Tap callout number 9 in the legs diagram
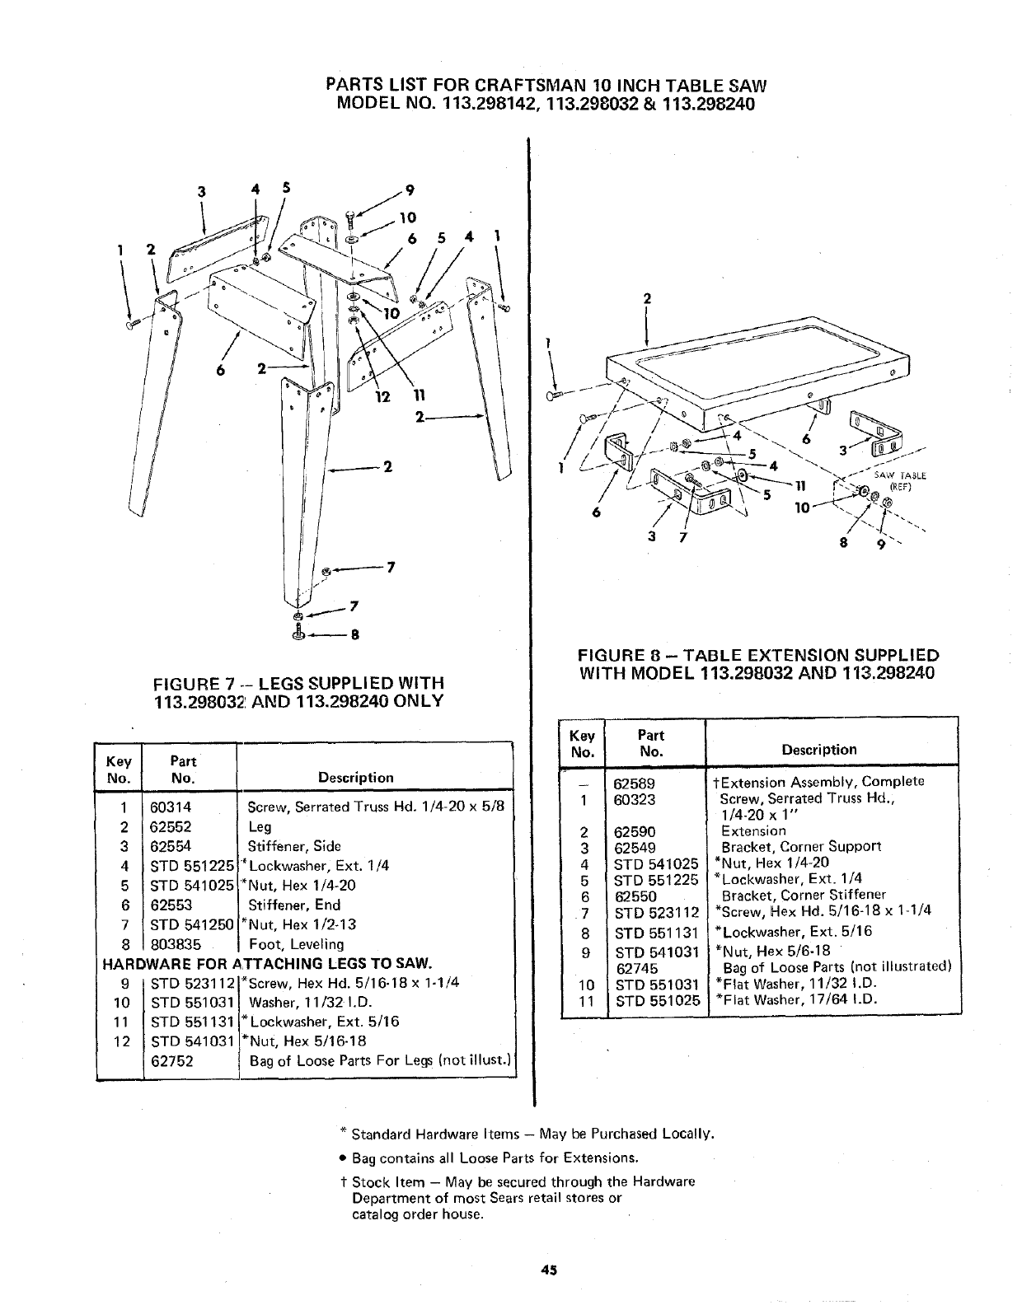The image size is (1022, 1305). tap(409, 190)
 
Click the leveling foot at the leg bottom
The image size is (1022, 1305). tap(299, 634)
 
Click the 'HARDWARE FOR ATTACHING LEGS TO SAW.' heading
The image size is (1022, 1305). tap(267, 963)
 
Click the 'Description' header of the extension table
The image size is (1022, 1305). tap(819, 750)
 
